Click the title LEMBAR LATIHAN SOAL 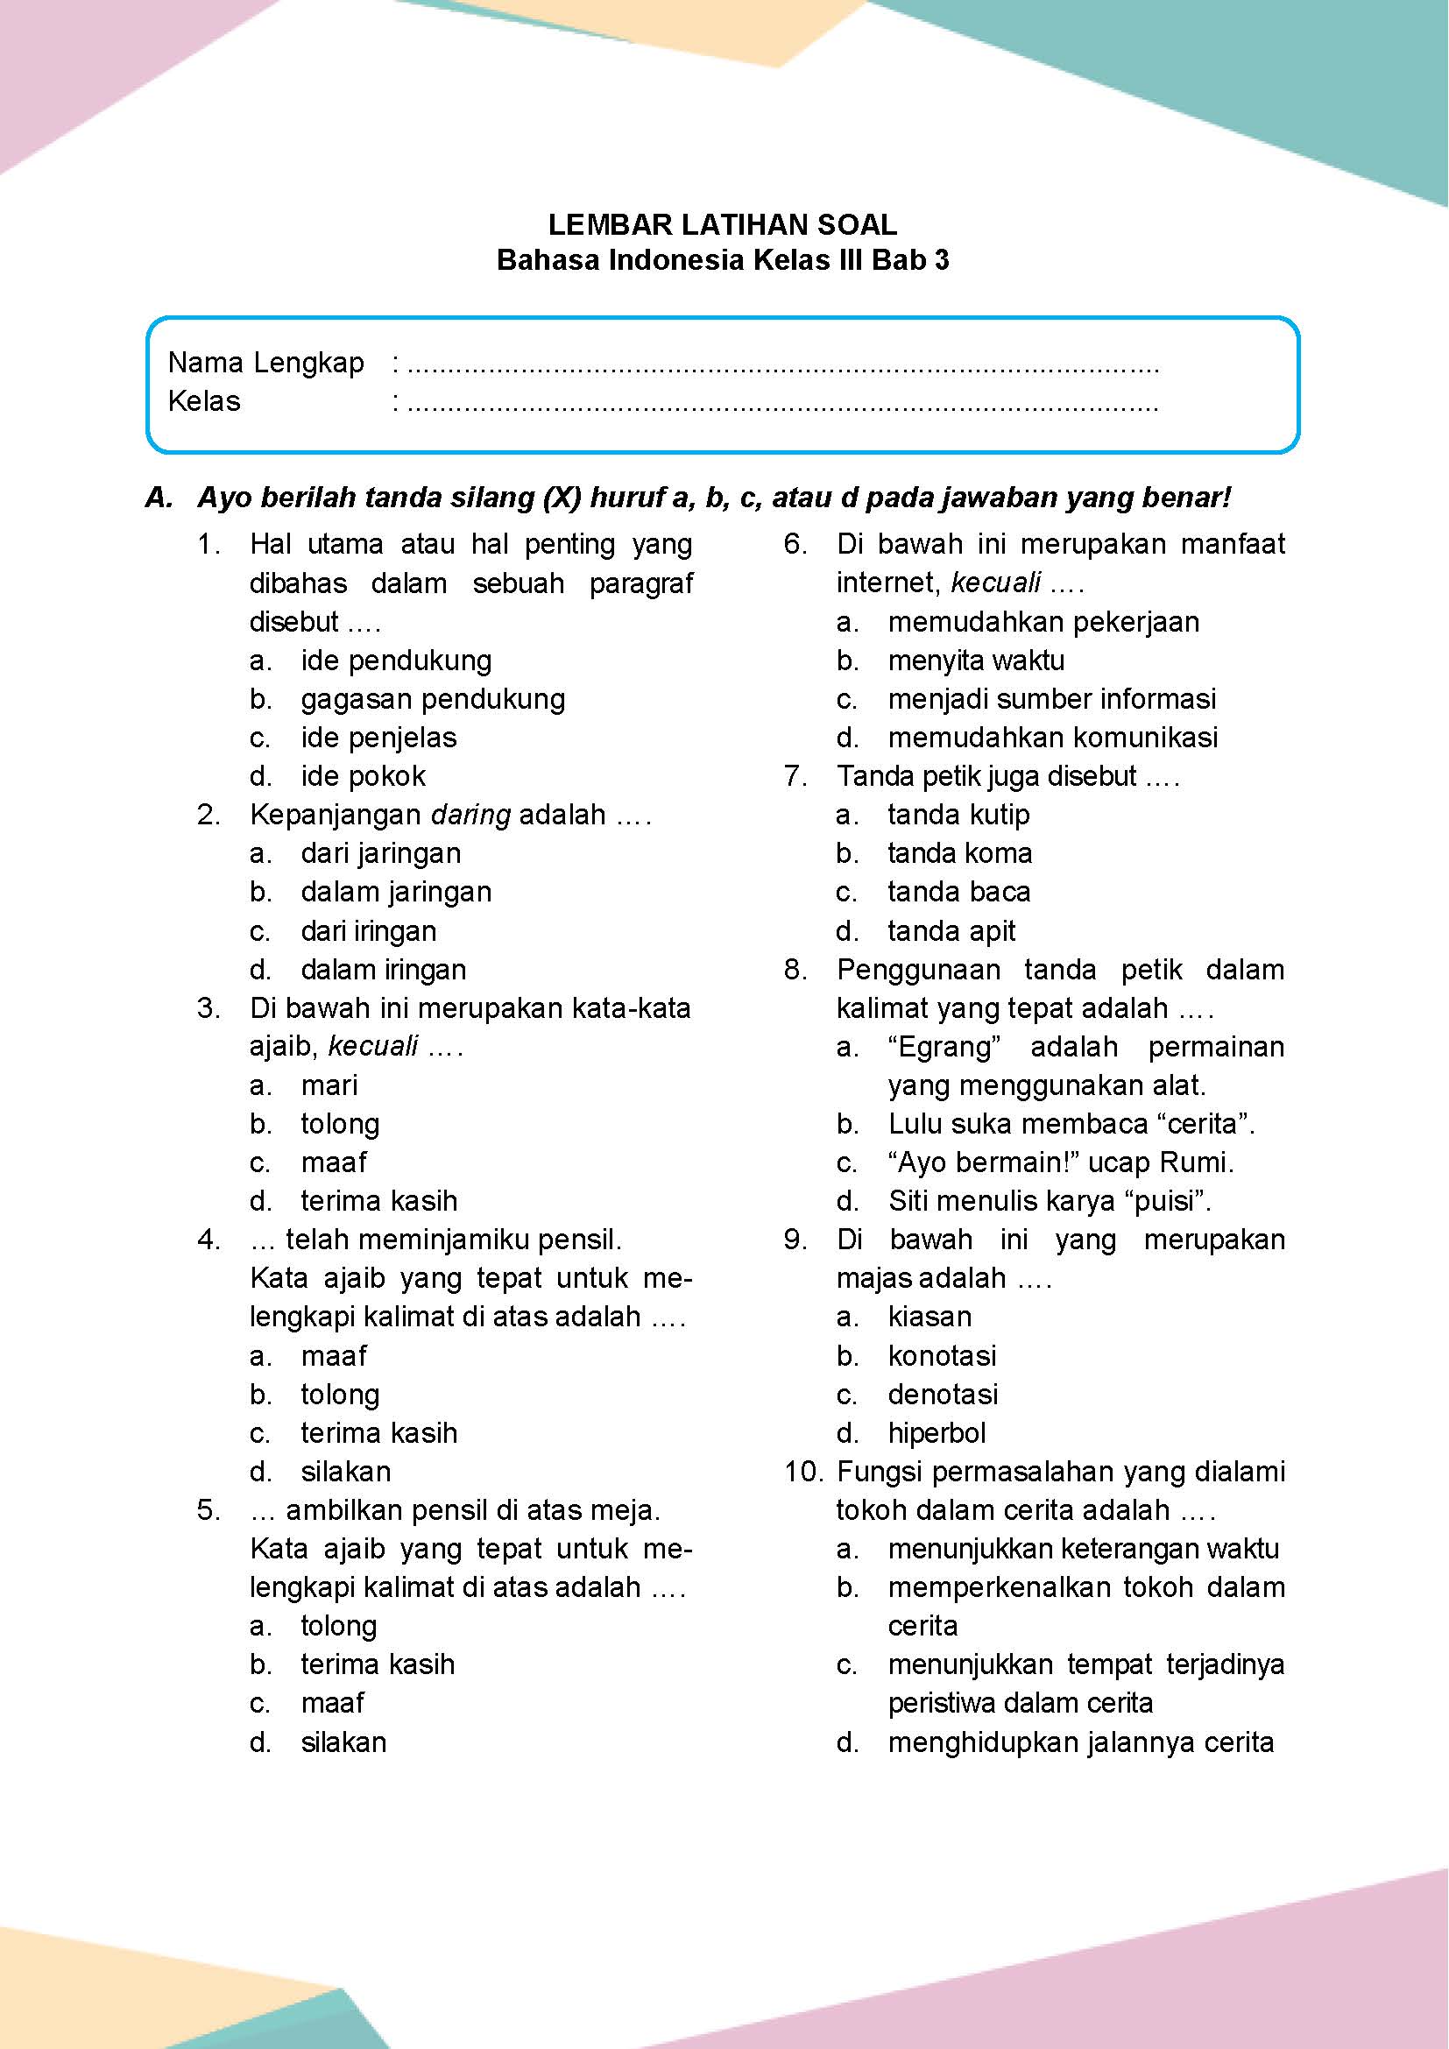click(723, 224)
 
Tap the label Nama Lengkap click(266, 364)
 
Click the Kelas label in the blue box click(204, 401)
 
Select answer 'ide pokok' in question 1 click(364, 776)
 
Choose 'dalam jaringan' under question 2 click(396, 892)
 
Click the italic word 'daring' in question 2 click(471, 815)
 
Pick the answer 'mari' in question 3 click(329, 1085)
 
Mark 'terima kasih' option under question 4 click(379, 1433)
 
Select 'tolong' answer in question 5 click(339, 1626)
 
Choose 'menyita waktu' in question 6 click(976, 661)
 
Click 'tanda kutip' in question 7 click(958, 815)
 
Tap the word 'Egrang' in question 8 click(945, 1047)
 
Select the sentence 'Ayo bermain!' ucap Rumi click(1061, 1162)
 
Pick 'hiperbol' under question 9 click(937, 1433)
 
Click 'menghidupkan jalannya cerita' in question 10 click(1080, 1742)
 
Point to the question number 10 click(805, 1472)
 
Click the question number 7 click(795, 776)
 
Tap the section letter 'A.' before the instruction click(158, 498)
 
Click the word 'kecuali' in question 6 click(996, 583)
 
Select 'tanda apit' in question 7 click(951, 931)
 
